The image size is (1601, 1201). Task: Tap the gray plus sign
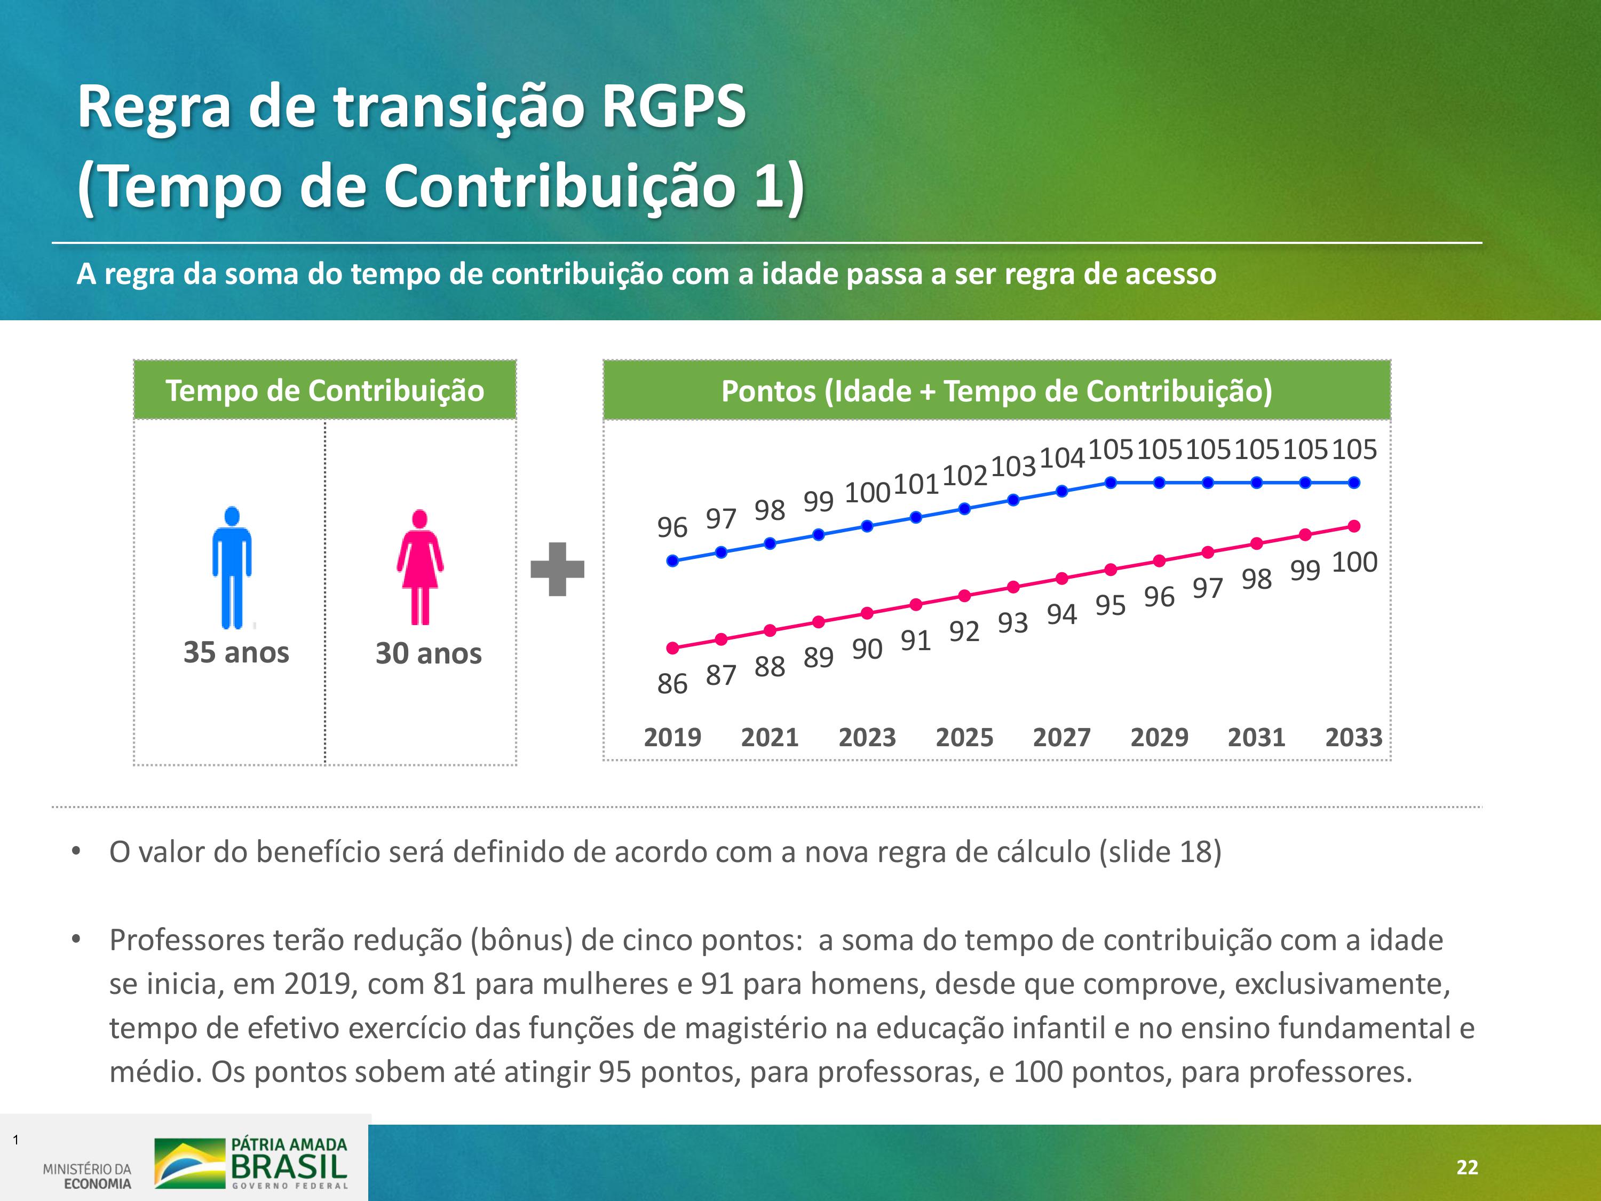pos(557,569)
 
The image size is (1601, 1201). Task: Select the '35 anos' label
pos(236,652)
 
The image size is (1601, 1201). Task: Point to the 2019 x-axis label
pos(672,737)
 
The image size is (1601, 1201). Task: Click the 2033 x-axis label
pos(1353,737)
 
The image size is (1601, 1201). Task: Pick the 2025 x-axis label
pos(964,737)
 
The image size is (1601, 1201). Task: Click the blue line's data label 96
pos(672,527)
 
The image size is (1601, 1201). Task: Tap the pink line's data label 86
pos(672,683)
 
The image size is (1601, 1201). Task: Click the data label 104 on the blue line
pos(1062,457)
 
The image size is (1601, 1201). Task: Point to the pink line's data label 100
pos(1354,562)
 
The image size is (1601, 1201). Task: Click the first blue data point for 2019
pos(672,560)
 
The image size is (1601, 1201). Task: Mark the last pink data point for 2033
pos(1354,526)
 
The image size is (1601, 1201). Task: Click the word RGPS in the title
pos(673,106)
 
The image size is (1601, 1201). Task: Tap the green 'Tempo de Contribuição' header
pos(325,390)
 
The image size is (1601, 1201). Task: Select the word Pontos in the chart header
pos(767,391)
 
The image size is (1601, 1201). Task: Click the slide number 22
pos(1467,1167)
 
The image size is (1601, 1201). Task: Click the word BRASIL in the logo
pos(289,1166)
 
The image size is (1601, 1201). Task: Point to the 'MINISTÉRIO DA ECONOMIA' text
pos(88,1176)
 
